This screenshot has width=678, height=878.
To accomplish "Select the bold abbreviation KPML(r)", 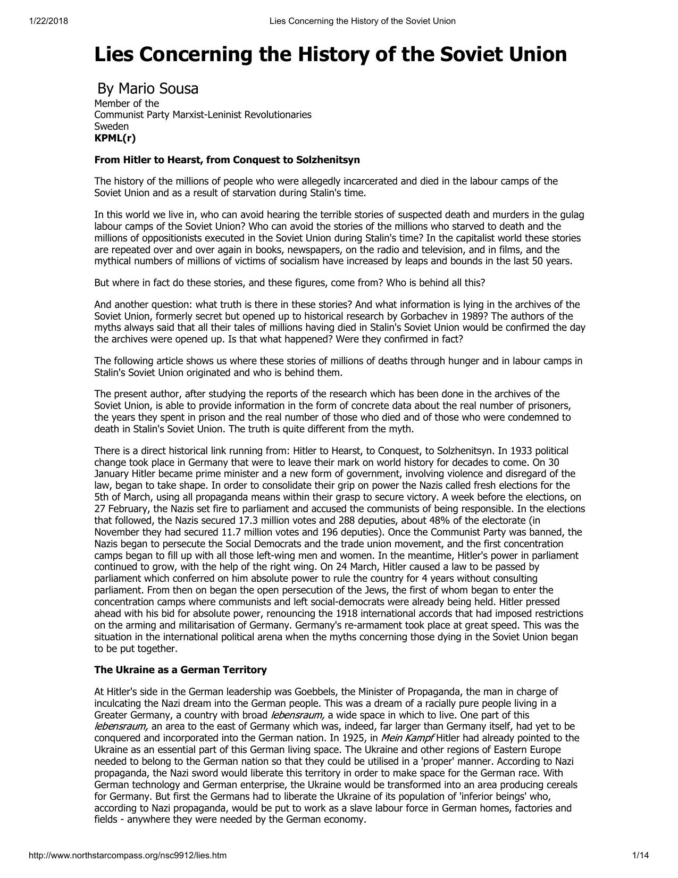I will (x=115, y=138).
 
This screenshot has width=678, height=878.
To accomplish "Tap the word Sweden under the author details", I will (x=111, y=127).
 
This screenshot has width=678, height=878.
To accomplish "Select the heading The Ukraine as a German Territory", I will (x=180, y=670).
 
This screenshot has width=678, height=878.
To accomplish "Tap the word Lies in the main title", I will (x=114, y=54).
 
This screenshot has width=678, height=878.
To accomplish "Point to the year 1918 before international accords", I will (x=337, y=614).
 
